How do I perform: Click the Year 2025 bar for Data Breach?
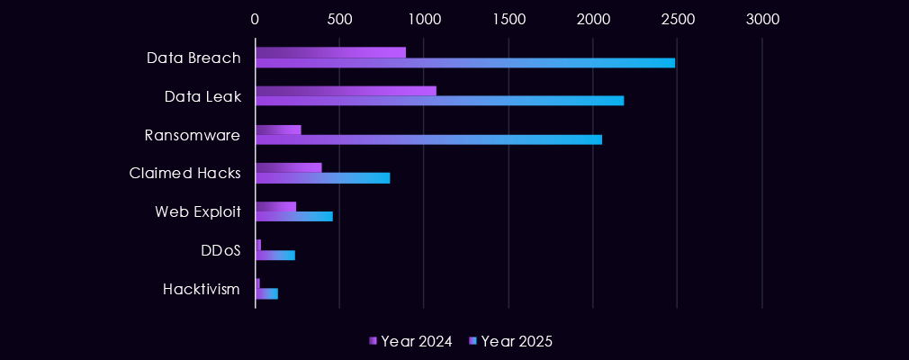(465, 63)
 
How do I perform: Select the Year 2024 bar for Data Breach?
(330, 52)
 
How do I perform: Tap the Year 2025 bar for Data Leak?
(439, 101)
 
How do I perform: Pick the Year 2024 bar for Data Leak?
(346, 91)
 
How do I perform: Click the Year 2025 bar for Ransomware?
(428, 139)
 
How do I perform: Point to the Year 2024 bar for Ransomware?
(278, 130)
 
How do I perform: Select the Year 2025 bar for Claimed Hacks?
(322, 178)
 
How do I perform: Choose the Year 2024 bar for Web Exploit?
(275, 207)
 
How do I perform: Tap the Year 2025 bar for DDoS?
(275, 256)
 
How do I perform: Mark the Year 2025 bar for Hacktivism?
(266, 293)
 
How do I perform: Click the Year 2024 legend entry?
(410, 341)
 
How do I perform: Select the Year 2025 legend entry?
(510, 341)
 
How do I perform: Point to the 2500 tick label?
(678, 19)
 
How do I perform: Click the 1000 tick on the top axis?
(424, 19)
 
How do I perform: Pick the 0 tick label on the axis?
(256, 19)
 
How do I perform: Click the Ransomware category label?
(193, 135)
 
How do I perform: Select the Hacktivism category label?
(202, 289)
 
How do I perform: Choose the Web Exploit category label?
(198, 212)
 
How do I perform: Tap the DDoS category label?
(220, 251)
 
